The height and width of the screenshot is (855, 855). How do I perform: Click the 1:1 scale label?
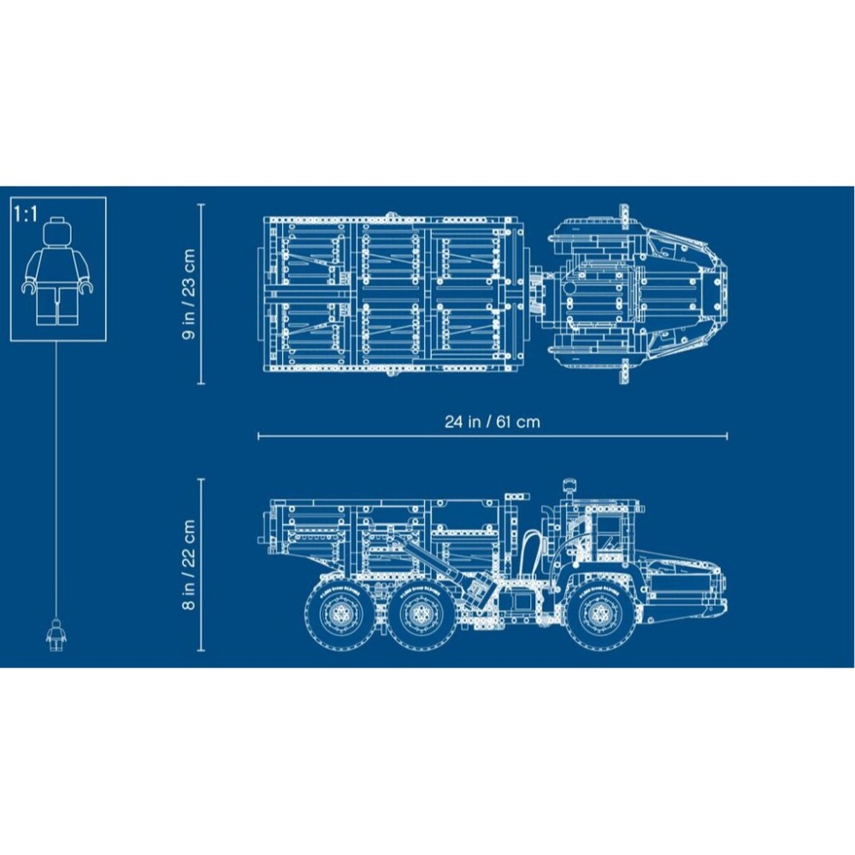coord(27,214)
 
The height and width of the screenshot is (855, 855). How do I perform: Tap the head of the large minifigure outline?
coord(58,233)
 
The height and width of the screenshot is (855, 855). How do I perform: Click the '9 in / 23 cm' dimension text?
coord(189,294)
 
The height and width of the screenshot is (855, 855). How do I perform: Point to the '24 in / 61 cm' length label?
coord(492,422)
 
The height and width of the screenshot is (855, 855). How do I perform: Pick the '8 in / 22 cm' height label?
coord(189,564)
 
